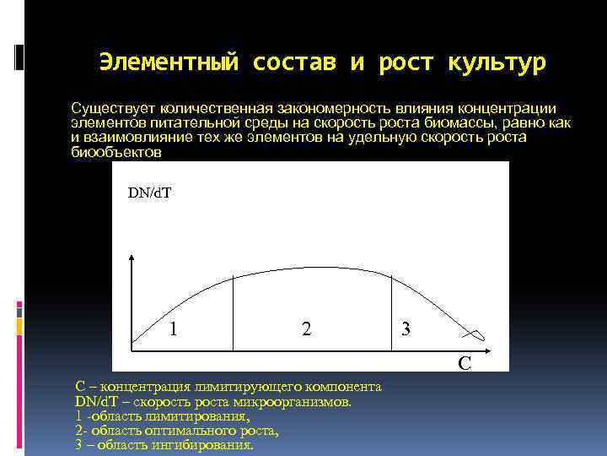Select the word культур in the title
(x=497, y=62)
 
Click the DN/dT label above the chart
(x=149, y=193)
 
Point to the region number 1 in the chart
(x=173, y=328)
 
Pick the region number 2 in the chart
(x=306, y=329)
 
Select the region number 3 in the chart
(x=406, y=329)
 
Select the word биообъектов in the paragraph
(x=115, y=153)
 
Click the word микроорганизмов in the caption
(x=301, y=402)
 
